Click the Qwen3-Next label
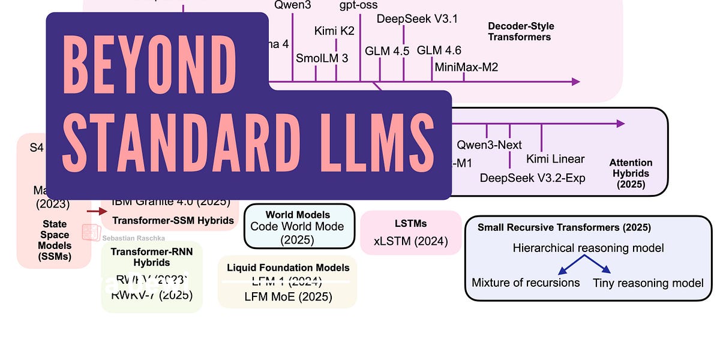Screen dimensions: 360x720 (489, 145)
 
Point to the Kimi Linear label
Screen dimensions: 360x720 (555, 159)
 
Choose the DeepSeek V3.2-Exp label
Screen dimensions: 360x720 (532, 178)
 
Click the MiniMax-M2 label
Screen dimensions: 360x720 (466, 67)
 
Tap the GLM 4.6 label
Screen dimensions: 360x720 (439, 50)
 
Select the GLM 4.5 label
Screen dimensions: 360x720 (387, 51)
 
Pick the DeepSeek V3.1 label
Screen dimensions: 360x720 (417, 19)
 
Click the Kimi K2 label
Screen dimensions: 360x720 (334, 31)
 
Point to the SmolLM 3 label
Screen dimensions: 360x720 (322, 58)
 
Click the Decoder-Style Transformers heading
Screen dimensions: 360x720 (520, 32)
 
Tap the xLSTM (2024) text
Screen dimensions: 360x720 (410, 241)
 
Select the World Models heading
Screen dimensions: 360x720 (298, 214)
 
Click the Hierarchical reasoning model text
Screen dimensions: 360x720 (588, 247)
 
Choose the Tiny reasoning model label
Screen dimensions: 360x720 (648, 282)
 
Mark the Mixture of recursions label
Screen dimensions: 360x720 (526, 282)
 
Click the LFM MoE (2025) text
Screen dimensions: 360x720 (287, 296)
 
